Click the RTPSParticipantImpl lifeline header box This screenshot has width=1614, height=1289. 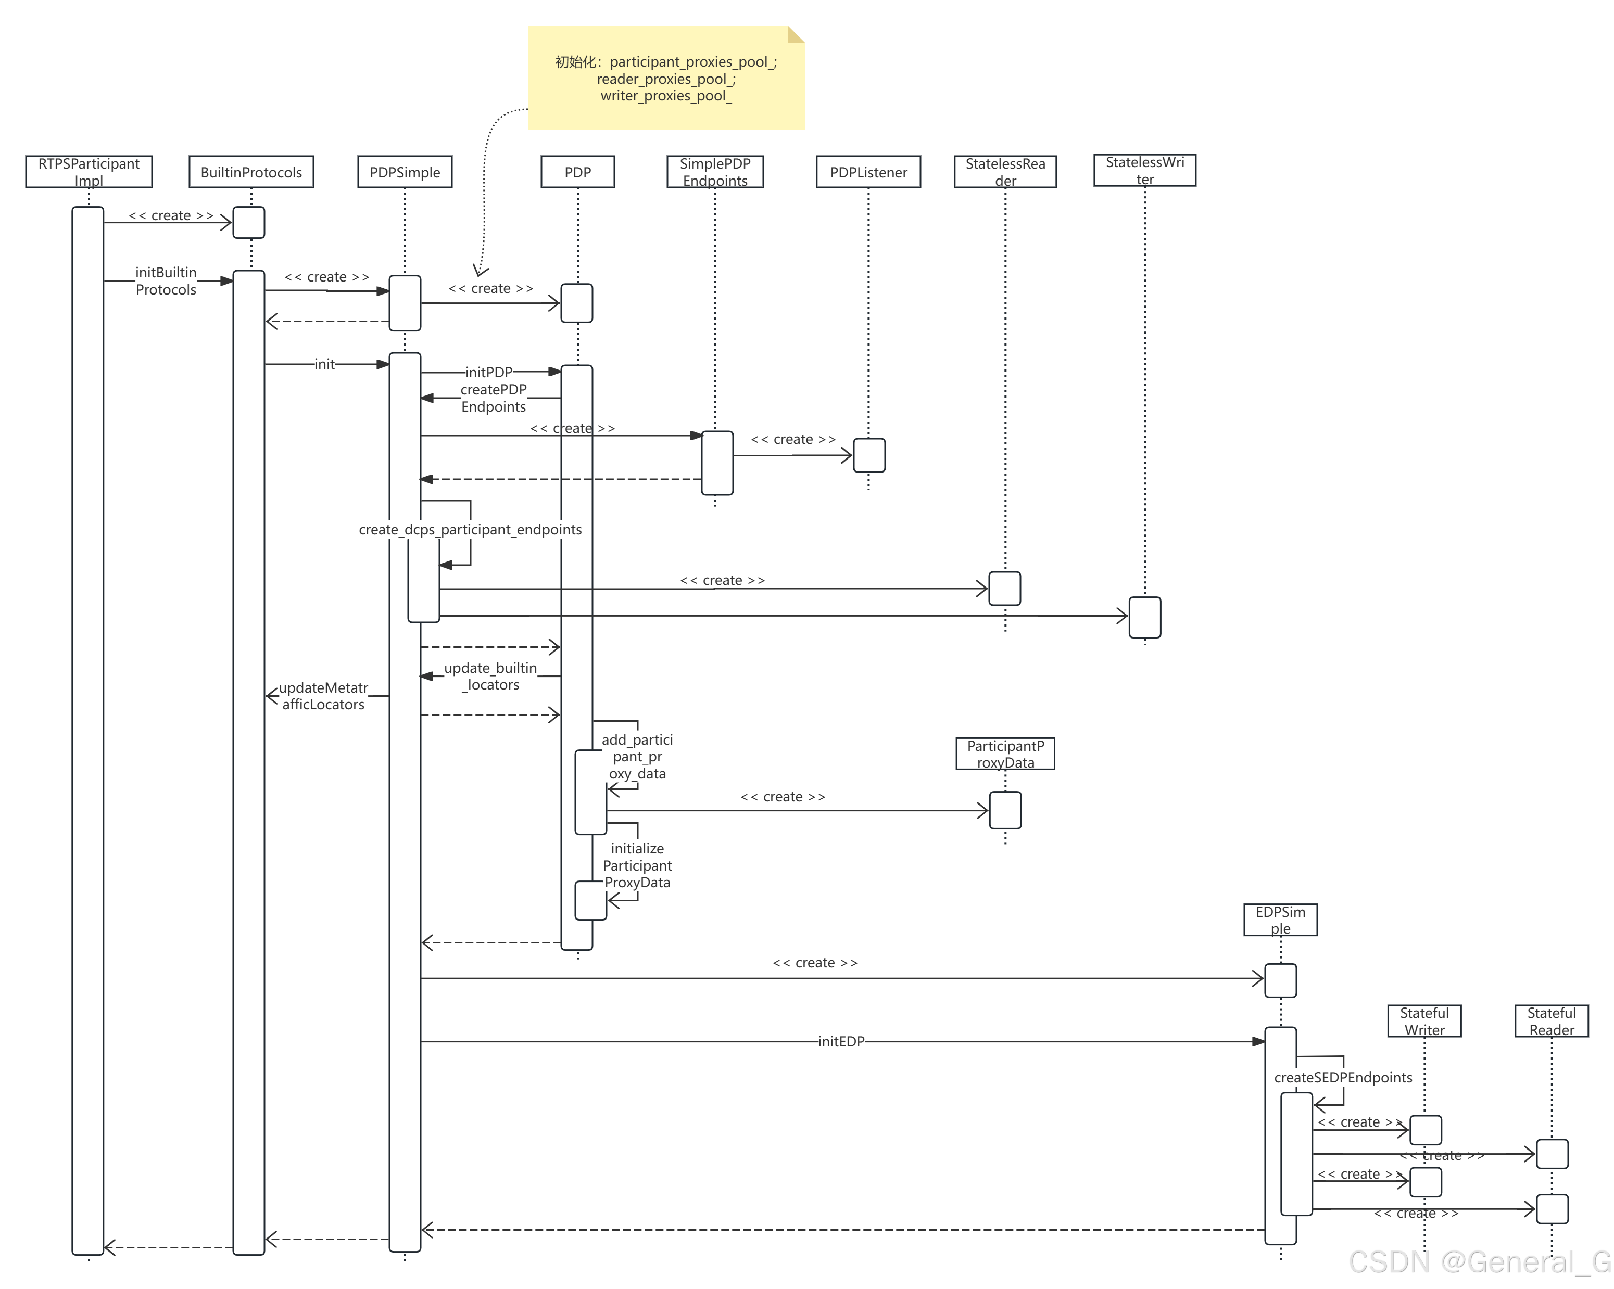(89, 171)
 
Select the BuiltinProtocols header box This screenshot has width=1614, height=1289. (251, 172)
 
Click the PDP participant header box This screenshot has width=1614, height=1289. (577, 172)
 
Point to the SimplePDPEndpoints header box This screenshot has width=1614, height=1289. (715, 171)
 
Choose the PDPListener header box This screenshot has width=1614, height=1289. (868, 172)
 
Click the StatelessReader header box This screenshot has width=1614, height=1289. (1005, 171)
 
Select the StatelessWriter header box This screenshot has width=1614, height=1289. (1144, 170)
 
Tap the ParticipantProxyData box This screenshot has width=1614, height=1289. (1005, 754)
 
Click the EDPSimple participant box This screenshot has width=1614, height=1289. (1280, 920)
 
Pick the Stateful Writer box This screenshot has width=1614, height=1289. (1424, 1020)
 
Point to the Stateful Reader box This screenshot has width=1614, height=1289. (1551, 1020)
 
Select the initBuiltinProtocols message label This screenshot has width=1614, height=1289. (166, 280)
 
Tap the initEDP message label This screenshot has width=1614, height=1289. (841, 1041)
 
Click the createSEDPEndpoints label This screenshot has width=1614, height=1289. (1343, 1077)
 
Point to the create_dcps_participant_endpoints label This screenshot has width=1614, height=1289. (470, 530)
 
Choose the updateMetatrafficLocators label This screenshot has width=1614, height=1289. (323, 696)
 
